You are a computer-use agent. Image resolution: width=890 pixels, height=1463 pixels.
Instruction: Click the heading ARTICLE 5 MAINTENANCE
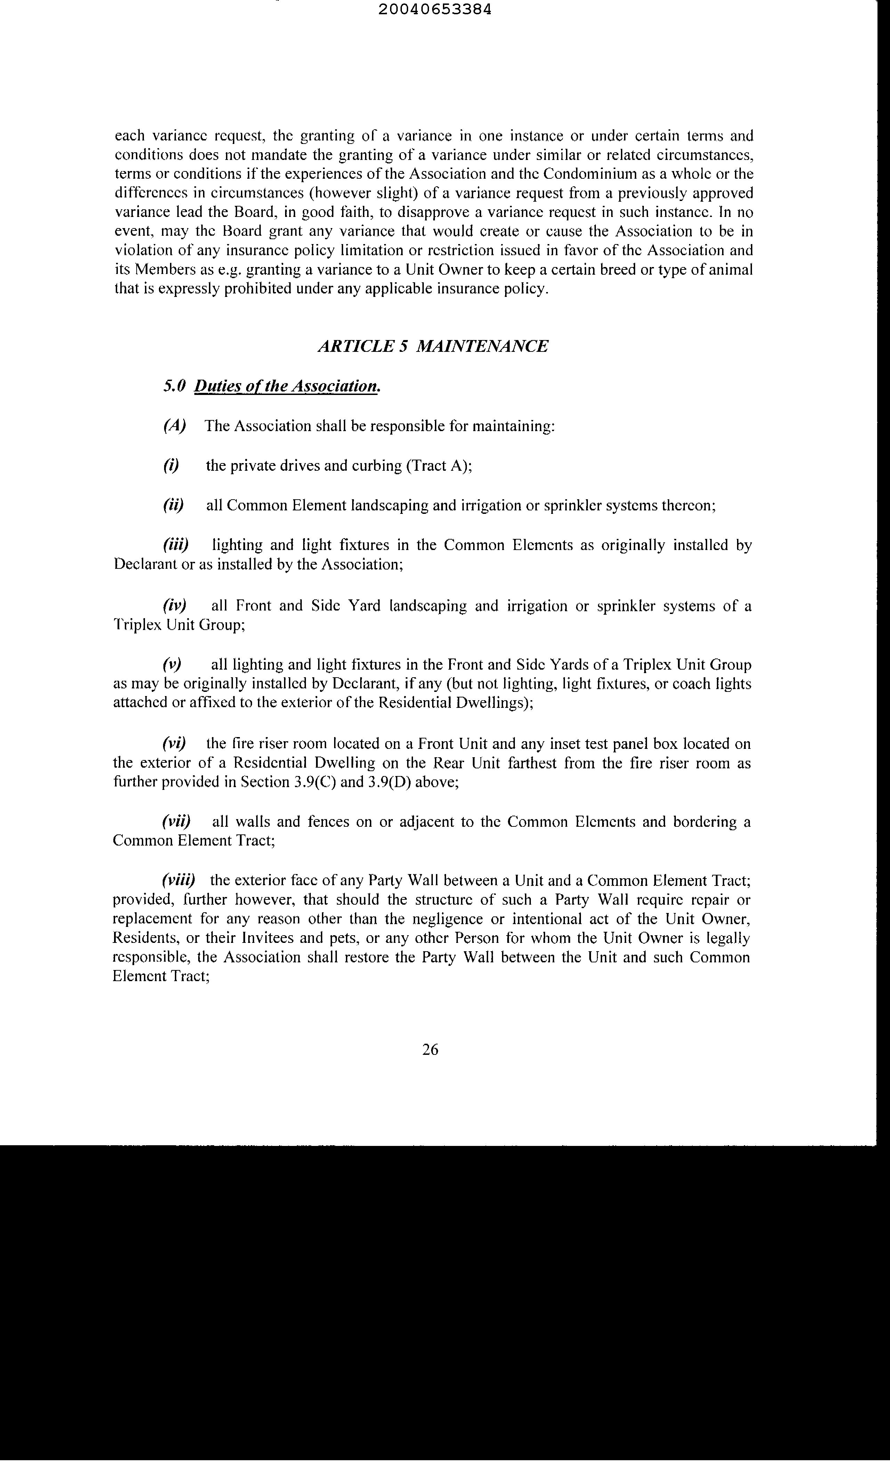click(433, 346)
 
